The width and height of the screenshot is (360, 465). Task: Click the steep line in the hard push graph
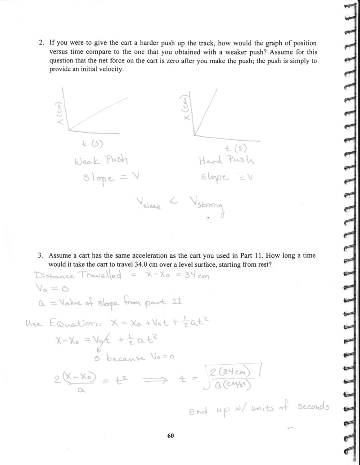point(206,110)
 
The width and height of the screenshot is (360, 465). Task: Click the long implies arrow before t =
point(155,380)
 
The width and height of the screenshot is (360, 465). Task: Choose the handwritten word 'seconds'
point(313,406)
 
